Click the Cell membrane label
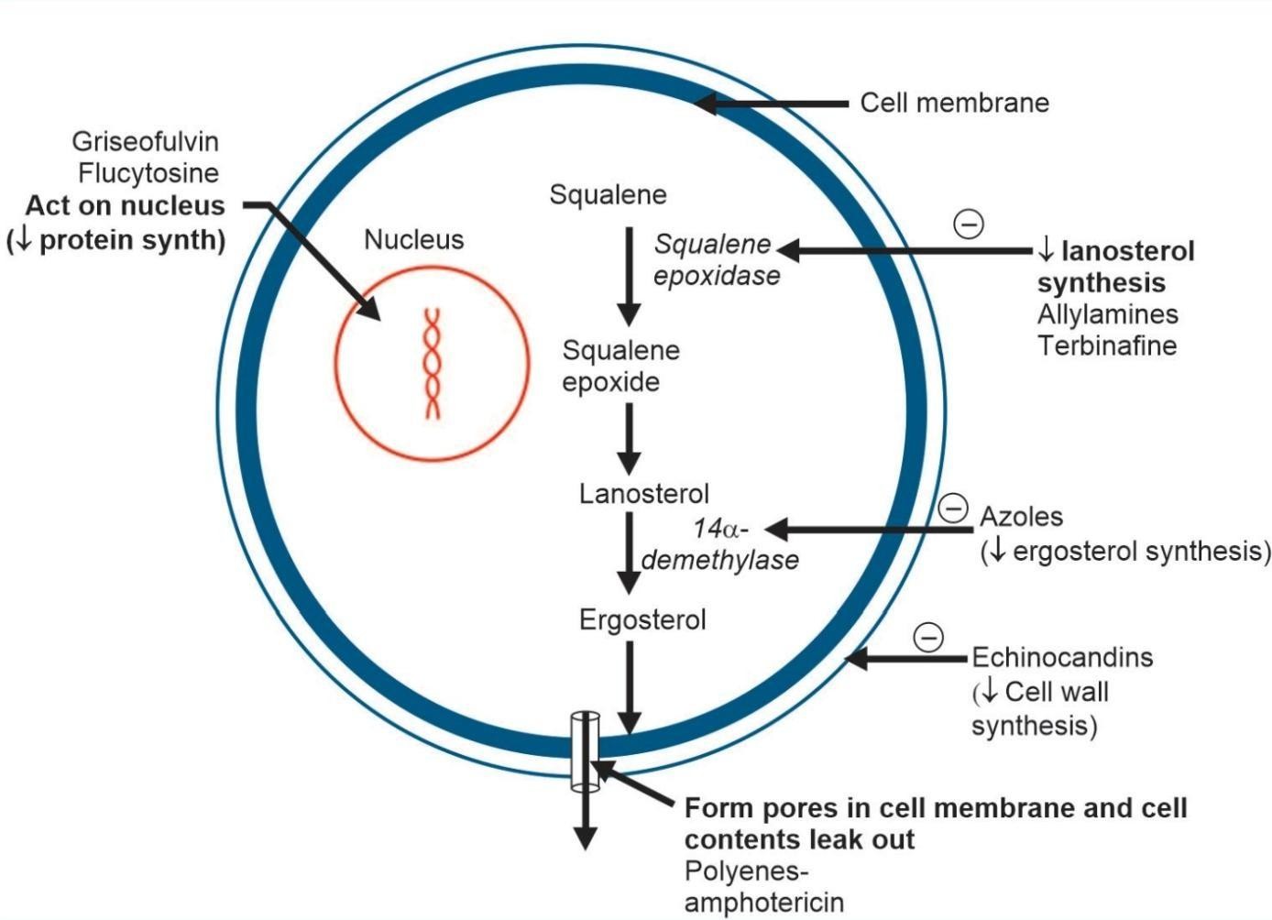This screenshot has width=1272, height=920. [x=954, y=103]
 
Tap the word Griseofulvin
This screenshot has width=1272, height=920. [x=146, y=141]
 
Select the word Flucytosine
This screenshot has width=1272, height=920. [x=148, y=173]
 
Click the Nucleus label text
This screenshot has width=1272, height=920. [x=414, y=240]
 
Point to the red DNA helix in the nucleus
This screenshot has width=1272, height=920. [x=432, y=364]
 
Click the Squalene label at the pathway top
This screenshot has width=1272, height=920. [x=608, y=194]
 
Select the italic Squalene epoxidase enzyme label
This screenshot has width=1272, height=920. [x=716, y=260]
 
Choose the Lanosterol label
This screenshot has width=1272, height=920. [x=643, y=494]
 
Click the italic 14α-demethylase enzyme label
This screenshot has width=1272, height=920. [x=720, y=544]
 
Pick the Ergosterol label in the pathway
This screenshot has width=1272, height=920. [x=642, y=620]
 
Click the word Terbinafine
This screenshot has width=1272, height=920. [x=1106, y=345]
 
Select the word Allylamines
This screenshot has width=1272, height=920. [x=1107, y=314]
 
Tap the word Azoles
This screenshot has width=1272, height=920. [x=1021, y=517]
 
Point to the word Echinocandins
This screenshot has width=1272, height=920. [x=1062, y=657]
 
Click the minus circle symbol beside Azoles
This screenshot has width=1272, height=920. [x=953, y=507]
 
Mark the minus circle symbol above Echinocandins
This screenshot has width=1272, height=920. [x=928, y=636]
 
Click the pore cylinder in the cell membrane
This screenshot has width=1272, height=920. [x=584, y=750]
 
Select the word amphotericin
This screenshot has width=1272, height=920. [x=763, y=902]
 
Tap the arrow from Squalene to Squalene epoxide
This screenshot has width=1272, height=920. [x=629, y=275]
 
